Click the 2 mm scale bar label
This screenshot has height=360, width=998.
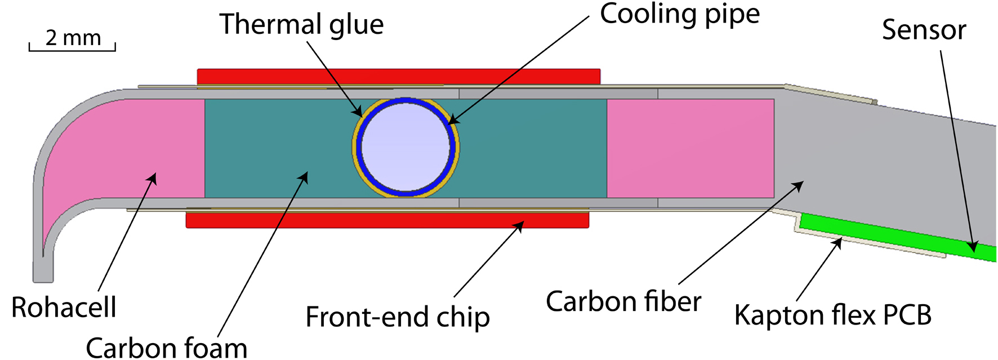click(73, 38)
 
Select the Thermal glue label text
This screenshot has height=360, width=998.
click(301, 24)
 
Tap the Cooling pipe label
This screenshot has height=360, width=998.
click(679, 14)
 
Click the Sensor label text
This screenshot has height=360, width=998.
click(924, 29)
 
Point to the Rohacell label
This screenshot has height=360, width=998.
click(64, 308)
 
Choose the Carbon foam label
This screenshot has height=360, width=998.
click(166, 346)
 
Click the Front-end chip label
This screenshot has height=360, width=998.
click(397, 317)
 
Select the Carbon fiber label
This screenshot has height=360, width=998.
click(623, 301)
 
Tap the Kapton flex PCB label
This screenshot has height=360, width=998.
click(832, 315)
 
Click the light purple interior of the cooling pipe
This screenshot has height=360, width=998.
click(406, 147)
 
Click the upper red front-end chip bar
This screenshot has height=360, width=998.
click(398, 77)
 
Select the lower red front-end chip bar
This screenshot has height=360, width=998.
click(387, 220)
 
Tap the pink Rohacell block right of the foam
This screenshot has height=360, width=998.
click(690, 148)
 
